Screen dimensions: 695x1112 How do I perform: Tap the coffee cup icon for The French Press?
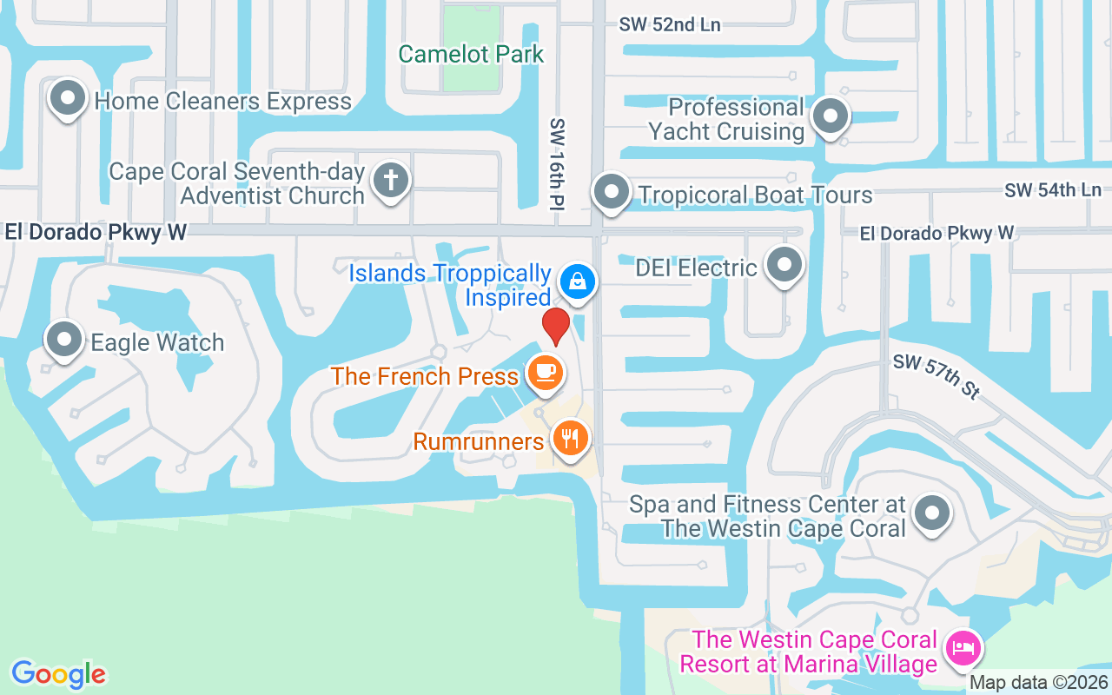click(x=545, y=373)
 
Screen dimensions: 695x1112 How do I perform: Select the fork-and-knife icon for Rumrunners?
click(x=570, y=438)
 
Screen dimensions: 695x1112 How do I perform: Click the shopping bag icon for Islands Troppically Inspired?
click(x=577, y=281)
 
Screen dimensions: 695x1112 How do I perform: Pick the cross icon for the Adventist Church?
click(x=391, y=181)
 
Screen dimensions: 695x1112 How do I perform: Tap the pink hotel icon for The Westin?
click(x=963, y=648)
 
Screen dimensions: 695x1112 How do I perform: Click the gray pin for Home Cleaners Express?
click(x=68, y=98)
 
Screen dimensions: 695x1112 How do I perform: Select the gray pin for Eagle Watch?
click(x=64, y=340)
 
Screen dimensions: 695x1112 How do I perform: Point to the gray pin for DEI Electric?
click(x=784, y=264)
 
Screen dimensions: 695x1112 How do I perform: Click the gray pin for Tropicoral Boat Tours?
click(x=611, y=190)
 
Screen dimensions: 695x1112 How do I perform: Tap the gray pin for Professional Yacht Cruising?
click(x=830, y=115)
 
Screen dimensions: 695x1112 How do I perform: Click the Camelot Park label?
click(x=471, y=54)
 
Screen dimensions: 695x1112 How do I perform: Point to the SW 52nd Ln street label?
click(x=669, y=24)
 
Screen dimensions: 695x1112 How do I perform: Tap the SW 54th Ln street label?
click(x=1052, y=189)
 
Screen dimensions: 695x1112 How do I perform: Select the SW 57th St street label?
click(x=936, y=375)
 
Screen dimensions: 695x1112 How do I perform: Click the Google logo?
click(x=58, y=673)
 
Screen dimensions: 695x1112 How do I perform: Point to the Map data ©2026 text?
click(x=1038, y=683)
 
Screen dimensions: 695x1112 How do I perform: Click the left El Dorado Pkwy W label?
click(x=96, y=232)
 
